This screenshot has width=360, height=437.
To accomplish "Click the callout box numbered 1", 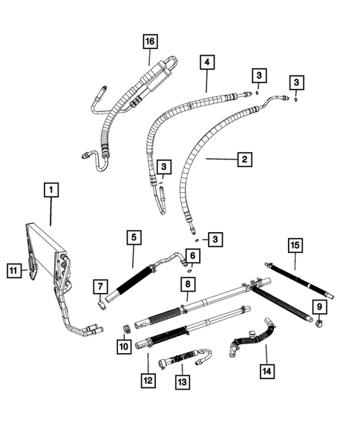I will [50, 191].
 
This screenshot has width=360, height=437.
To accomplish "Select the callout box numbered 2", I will [242, 158].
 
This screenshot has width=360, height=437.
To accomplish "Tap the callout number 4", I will [206, 64].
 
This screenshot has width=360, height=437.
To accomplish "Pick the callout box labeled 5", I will [134, 237].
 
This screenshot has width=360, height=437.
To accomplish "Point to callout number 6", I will [192, 255].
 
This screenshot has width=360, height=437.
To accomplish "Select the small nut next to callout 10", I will [126, 329].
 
